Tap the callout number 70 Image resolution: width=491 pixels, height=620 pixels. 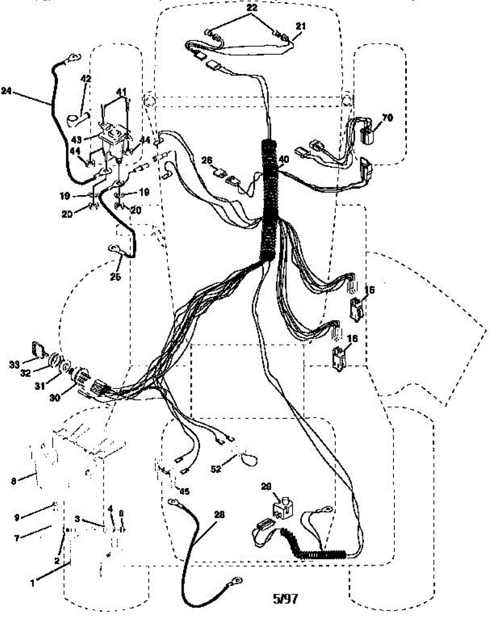[387, 118]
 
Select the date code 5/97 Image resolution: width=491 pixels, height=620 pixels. [285, 599]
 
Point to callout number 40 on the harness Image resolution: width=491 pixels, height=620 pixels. [284, 160]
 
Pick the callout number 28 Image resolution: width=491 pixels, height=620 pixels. [220, 515]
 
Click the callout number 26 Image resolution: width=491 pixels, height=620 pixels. [207, 161]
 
